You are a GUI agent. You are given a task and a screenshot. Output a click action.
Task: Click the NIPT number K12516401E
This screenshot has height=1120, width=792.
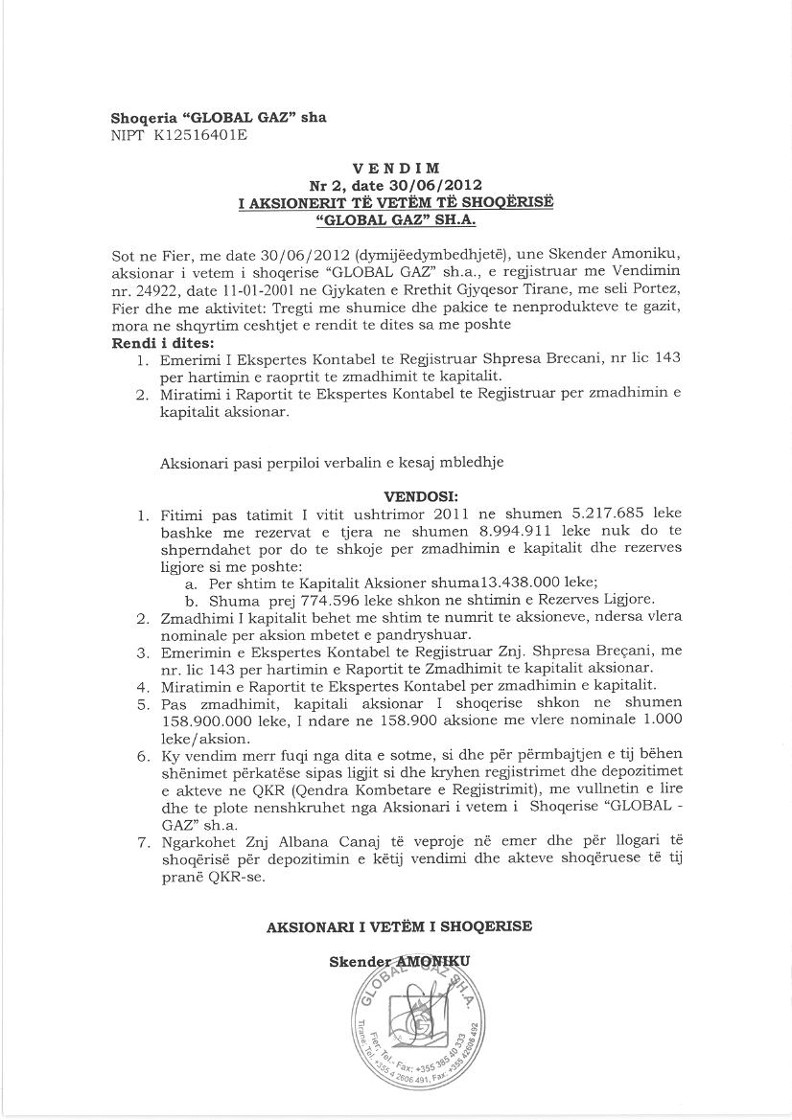[194, 135]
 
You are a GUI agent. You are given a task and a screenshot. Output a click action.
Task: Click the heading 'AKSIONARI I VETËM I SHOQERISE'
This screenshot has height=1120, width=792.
[398, 926]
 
